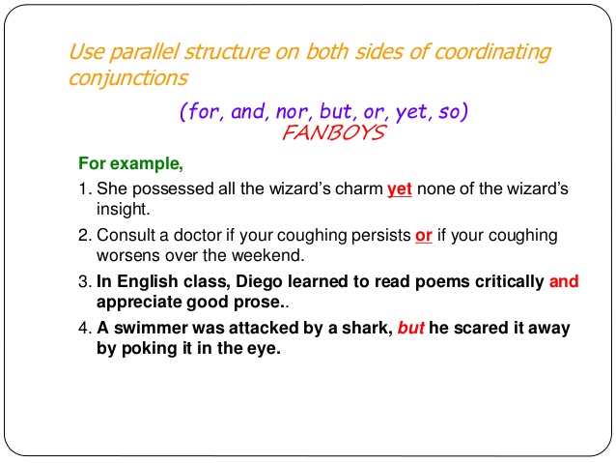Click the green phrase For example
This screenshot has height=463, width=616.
tap(129, 163)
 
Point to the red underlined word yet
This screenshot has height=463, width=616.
tap(399, 188)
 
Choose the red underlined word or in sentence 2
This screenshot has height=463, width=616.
tap(423, 236)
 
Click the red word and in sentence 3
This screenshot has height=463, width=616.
tap(564, 282)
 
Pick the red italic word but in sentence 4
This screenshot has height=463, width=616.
tap(411, 329)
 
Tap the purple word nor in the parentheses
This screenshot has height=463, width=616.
tap(295, 111)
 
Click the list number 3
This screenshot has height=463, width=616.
tap(83, 282)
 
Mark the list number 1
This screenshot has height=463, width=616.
tap(83, 188)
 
